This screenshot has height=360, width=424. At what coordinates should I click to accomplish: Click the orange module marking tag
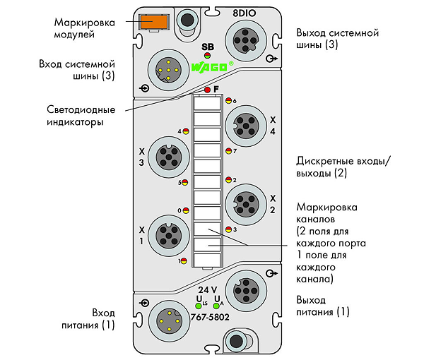pyautogui.click(x=153, y=21)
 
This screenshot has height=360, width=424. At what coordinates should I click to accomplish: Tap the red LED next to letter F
pyautogui.click(x=207, y=90)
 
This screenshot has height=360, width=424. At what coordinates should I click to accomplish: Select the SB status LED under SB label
pyautogui.click(x=207, y=56)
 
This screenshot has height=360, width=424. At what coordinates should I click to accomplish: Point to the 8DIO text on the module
pyautogui.click(x=245, y=13)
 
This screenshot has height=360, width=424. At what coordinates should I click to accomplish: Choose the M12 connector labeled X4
pyautogui.click(x=246, y=126)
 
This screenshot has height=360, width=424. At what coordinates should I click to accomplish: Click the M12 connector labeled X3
pyautogui.click(x=169, y=157)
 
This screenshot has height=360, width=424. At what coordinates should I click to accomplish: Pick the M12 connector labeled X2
pyautogui.click(x=246, y=205)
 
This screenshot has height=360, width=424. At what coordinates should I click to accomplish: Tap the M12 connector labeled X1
pyautogui.click(x=169, y=236)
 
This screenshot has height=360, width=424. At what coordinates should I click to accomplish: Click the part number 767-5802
pyautogui.click(x=210, y=317)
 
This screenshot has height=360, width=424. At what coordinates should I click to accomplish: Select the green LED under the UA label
pyautogui.click(x=216, y=306)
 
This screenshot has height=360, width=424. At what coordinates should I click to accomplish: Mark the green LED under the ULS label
pyautogui.click(x=199, y=306)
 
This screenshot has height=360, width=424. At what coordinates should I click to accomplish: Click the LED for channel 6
pyautogui.click(x=228, y=100)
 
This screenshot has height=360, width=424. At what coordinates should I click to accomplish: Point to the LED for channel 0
pyautogui.click(x=186, y=210)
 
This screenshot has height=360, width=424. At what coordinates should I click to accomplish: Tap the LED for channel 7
pyautogui.click(x=228, y=151)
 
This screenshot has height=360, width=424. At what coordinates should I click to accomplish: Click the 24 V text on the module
pyautogui.click(x=207, y=290)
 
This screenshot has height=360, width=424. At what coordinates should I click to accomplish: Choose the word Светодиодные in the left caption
pyautogui.click(x=81, y=109)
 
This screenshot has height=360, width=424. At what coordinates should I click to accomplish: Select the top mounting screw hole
pyautogui.click(x=187, y=20)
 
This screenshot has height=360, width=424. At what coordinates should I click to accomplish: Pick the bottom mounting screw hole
pyautogui.click(x=236, y=341)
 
